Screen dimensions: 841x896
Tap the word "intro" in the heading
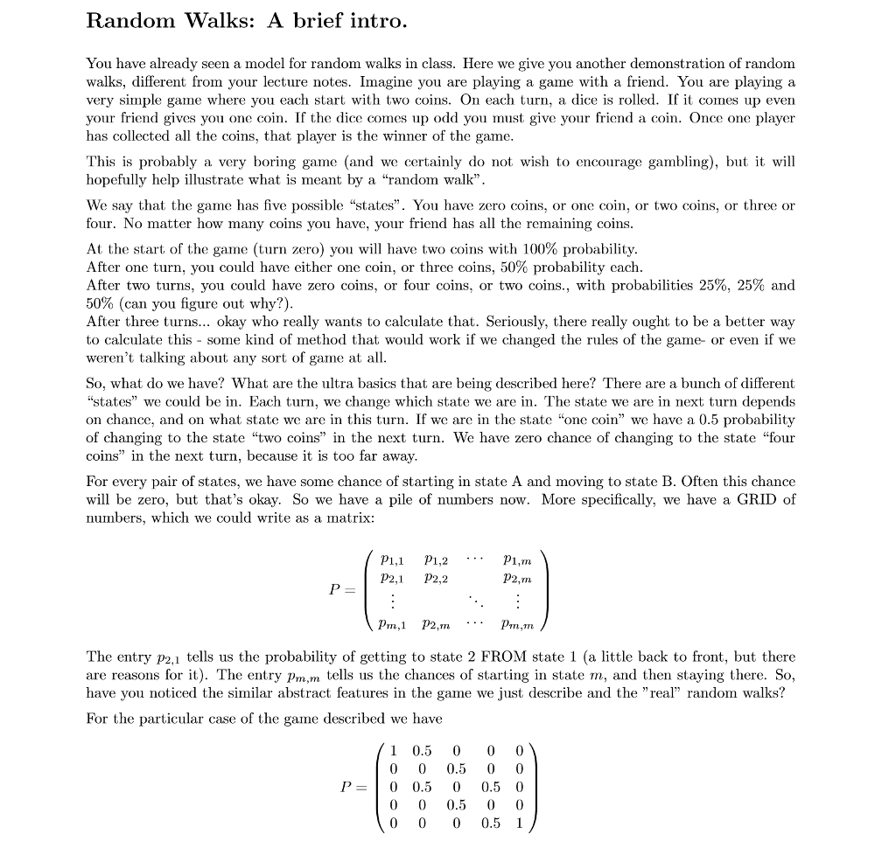click(380, 20)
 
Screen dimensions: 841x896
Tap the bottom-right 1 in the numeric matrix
click(519, 822)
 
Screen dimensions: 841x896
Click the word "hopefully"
click(115, 180)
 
